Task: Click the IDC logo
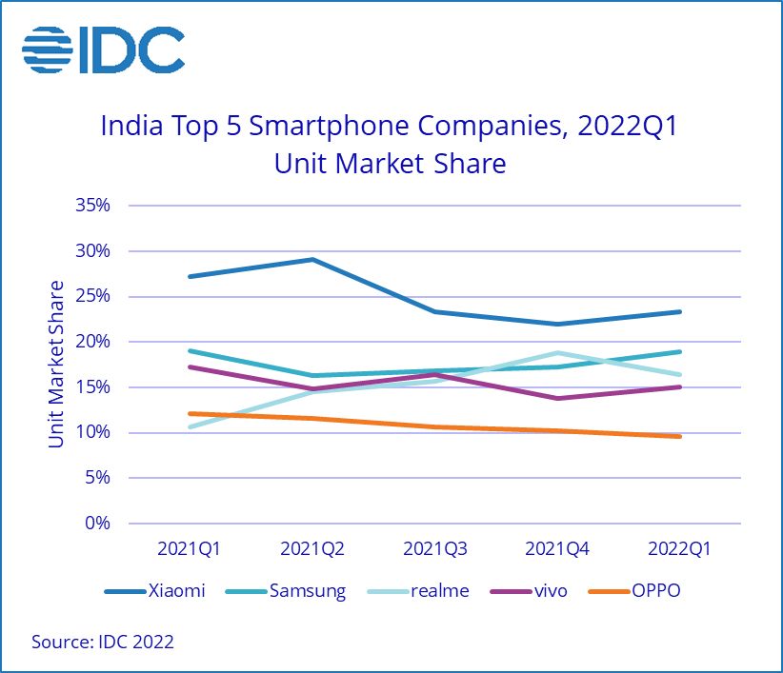pyautogui.click(x=104, y=49)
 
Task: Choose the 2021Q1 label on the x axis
pyautogui.click(x=189, y=549)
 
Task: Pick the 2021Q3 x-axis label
pyautogui.click(x=434, y=549)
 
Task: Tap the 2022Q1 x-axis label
pyautogui.click(x=679, y=549)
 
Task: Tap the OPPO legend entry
pyautogui.click(x=656, y=591)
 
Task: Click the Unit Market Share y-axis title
pyautogui.click(x=57, y=364)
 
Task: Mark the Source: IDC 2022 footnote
pyautogui.click(x=103, y=643)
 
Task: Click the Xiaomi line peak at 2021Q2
pyautogui.click(x=311, y=259)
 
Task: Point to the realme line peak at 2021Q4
pyautogui.click(x=557, y=353)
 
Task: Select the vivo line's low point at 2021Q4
pyautogui.click(x=557, y=398)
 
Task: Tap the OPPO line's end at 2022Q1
pyautogui.click(x=679, y=436)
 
